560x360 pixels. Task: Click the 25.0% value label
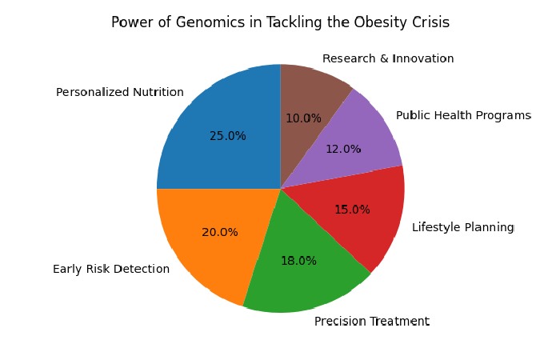pos(228,136)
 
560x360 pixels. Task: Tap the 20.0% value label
pos(220,233)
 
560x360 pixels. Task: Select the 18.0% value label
pos(298,261)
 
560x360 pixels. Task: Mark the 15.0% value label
pos(352,210)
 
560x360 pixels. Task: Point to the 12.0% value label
pos(343,149)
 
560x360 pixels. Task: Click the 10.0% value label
pos(303,118)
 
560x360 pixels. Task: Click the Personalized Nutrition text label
pos(120,93)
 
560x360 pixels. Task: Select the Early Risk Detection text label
pos(111,269)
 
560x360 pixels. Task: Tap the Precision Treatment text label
pos(372,322)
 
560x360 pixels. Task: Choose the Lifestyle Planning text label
pos(463,227)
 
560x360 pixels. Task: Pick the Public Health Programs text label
pos(464,116)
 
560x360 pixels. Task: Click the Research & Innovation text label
pos(388,59)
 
